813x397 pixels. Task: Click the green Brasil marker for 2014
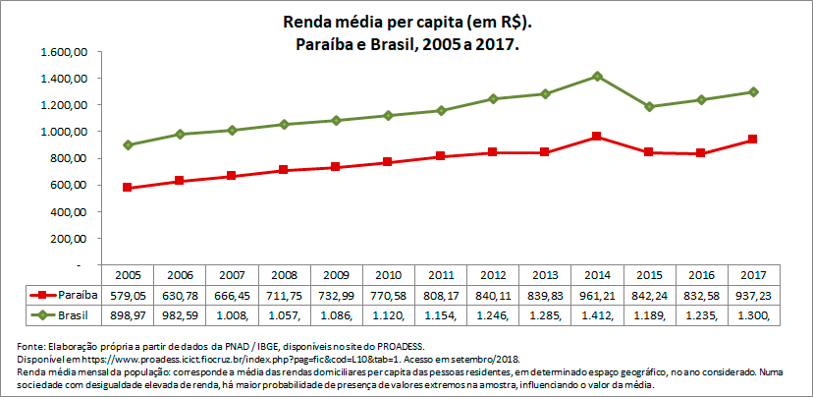598,76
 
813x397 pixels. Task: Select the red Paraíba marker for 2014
598,137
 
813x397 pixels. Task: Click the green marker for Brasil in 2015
650,106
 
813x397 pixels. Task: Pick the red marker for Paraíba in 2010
390,162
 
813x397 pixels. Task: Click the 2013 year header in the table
546,276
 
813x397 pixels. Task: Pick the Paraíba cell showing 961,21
598,295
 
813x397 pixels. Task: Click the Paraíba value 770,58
390,295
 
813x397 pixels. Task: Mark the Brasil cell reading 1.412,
598,313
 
